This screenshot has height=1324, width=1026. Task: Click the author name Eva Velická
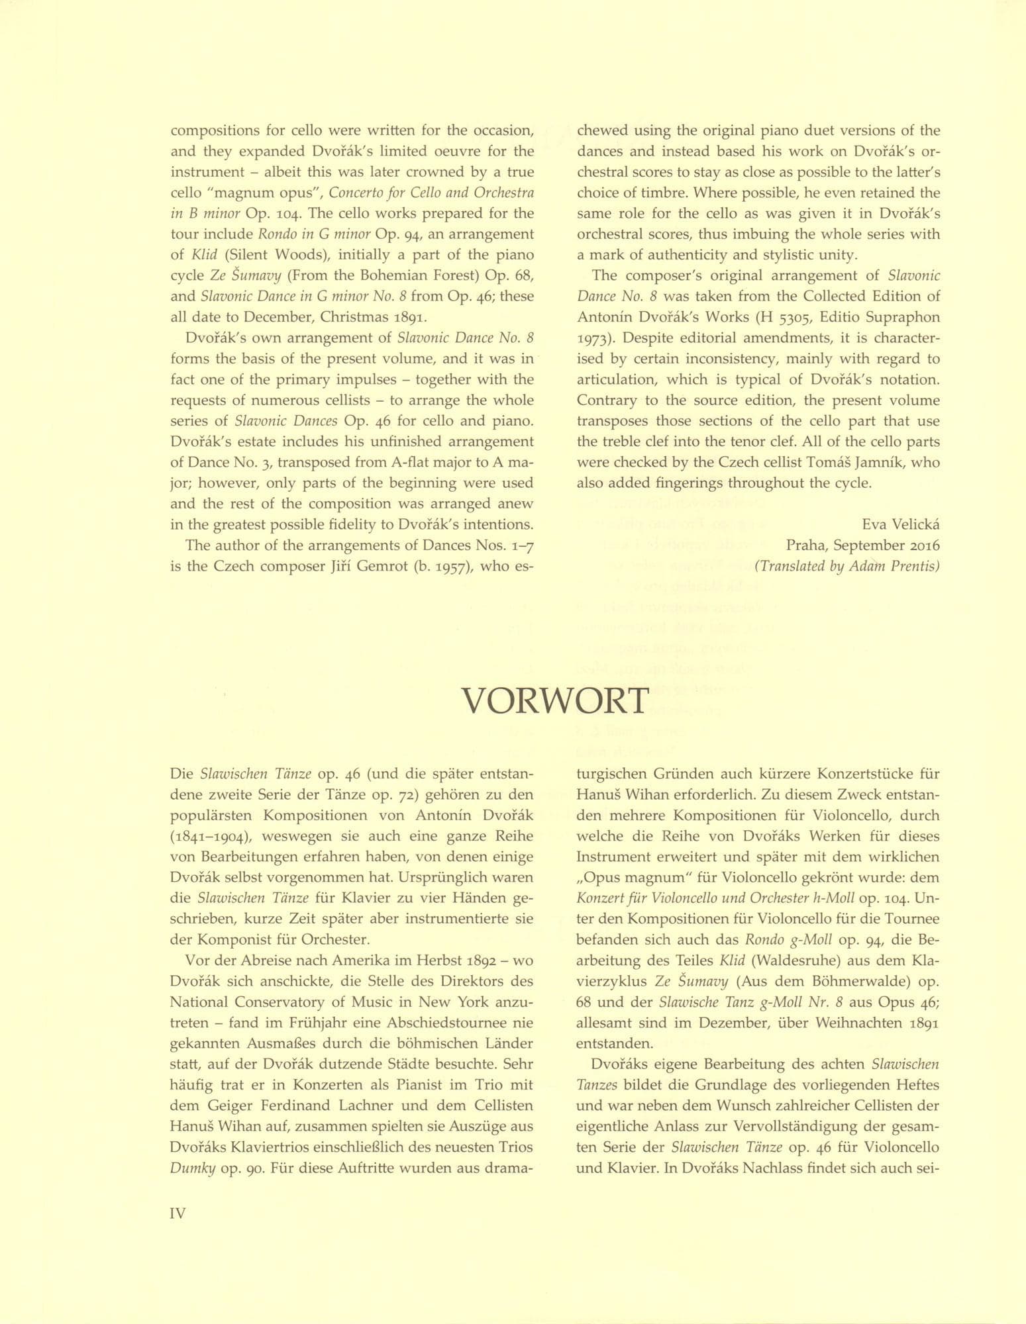901,524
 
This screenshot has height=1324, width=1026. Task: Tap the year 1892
485,959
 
